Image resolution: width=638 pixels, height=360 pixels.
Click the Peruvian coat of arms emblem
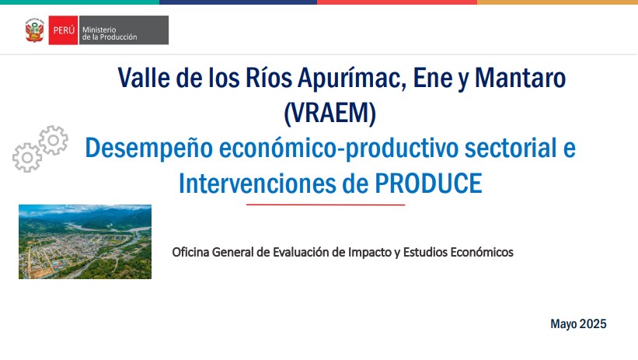pos(35,30)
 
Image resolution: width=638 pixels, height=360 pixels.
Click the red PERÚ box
pos(63,30)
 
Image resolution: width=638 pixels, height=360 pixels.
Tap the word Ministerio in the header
pos(99,30)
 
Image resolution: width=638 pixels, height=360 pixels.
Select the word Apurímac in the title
pos(352,78)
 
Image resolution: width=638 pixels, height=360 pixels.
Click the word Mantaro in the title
pos(520,78)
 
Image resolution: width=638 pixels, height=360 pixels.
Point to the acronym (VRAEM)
pos(330,113)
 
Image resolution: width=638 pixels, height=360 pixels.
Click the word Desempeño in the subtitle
pos(149,149)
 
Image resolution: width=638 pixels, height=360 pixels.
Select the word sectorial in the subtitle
pos(511,148)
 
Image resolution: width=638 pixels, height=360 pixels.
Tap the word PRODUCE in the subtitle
pos(428,183)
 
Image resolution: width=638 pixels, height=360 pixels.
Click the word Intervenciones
pos(257,183)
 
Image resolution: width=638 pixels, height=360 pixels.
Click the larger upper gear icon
pos(54,140)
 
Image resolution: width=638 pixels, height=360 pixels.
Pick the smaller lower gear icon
pos(27,158)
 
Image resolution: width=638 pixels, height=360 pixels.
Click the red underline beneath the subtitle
pos(326,204)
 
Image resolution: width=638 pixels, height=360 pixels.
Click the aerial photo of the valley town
pos(85,242)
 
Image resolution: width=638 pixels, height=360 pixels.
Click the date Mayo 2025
pos(578,323)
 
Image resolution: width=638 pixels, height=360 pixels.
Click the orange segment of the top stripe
pos(557,2)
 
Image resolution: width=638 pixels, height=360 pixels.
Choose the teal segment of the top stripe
pos(79,2)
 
